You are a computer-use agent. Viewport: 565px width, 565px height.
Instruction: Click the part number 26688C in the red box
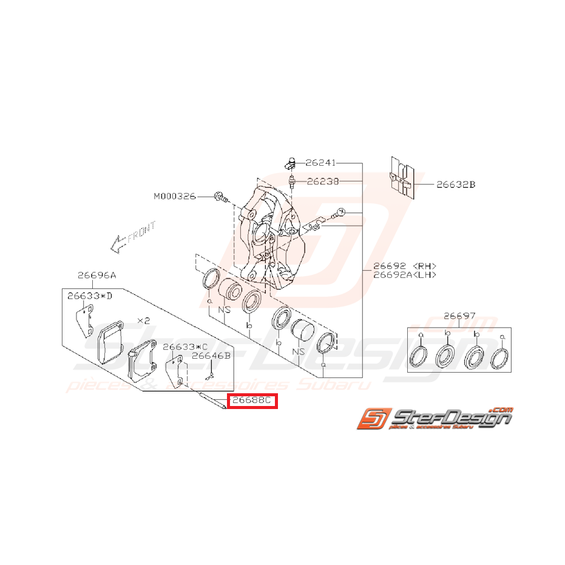click(x=251, y=401)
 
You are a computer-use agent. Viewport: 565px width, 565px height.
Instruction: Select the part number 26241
click(x=320, y=163)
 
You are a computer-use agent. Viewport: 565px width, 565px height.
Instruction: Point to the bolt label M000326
click(x=175, y=196)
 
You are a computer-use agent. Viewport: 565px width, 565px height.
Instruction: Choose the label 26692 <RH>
click(x=405, y=266)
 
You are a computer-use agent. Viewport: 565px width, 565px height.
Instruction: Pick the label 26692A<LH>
click(x=405, y=275)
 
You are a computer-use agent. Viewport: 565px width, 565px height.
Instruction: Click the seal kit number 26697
click(x=459, y=316)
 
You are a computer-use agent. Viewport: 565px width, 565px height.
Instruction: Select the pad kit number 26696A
click(x=96, y=275)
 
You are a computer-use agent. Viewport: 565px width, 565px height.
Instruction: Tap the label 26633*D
click(x=90, y=296)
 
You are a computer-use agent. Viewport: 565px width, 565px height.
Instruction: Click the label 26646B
click(x=211, y=356)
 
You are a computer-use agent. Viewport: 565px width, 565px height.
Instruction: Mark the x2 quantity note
click(x=144, y=320)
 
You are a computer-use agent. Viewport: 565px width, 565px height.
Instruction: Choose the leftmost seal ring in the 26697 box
click(x=418, y=358)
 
